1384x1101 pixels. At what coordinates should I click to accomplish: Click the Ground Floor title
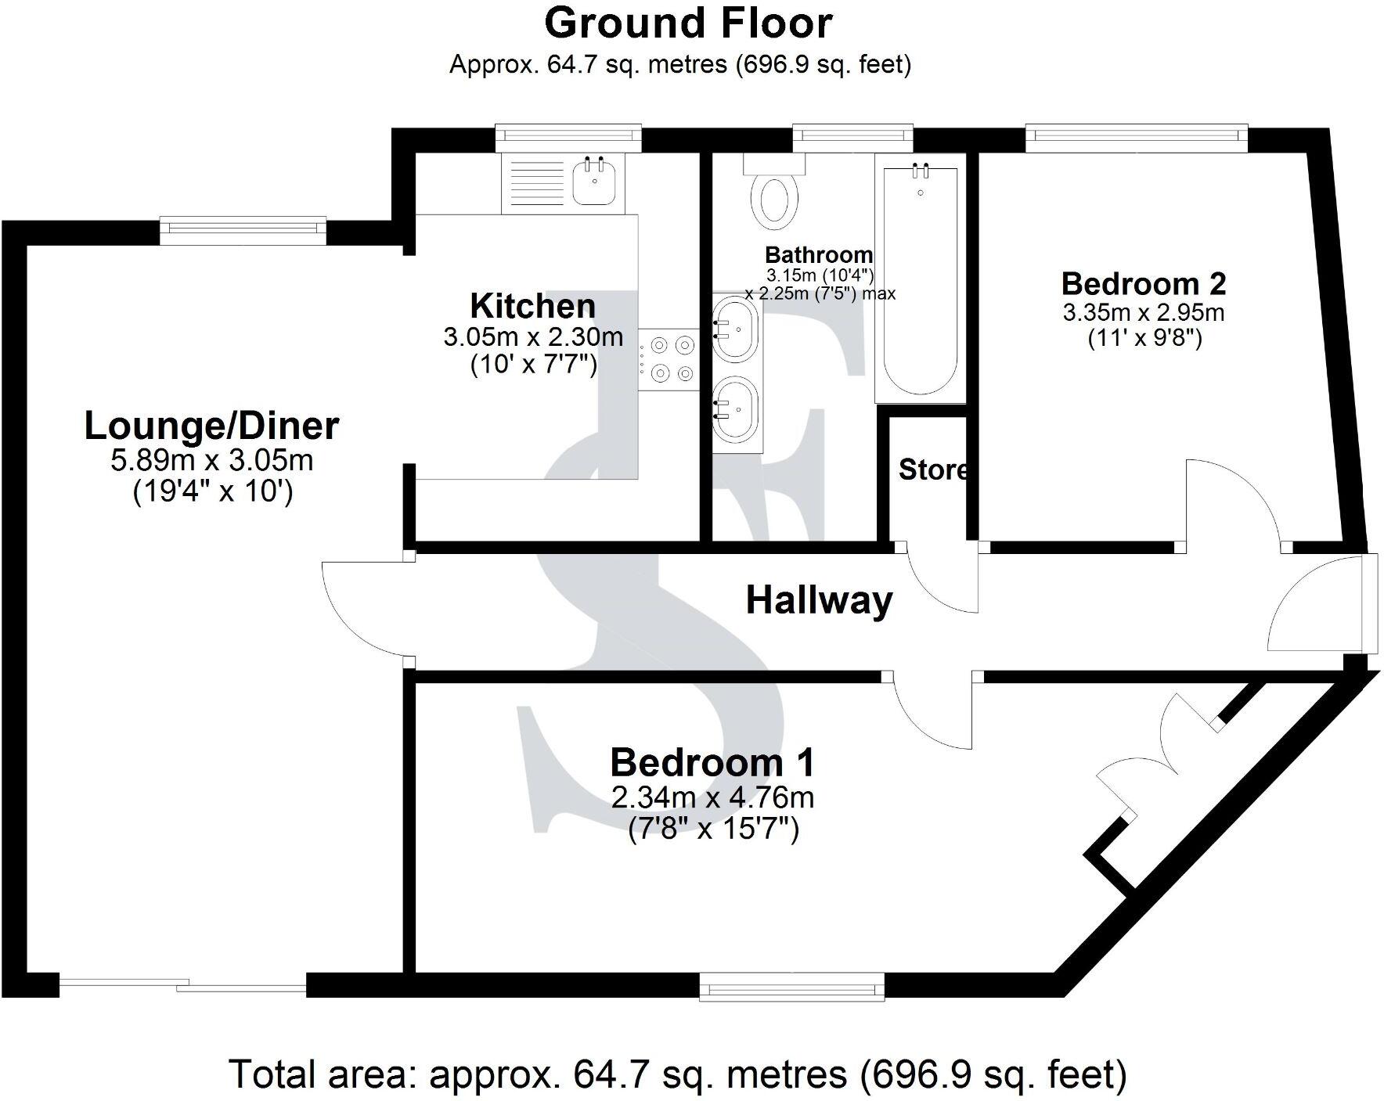coord(688,23)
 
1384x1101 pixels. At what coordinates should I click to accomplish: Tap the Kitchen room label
coord(532,306)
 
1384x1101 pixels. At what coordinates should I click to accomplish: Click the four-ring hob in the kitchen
coord(668,358)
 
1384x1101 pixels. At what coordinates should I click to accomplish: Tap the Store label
coord(932,470)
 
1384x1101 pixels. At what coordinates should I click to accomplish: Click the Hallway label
coord(819,601)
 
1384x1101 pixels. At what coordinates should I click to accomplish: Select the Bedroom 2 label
coord(1143,283)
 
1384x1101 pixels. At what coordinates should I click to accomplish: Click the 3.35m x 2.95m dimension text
coord(1143,313)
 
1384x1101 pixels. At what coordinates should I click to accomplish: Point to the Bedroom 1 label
coord(712,762)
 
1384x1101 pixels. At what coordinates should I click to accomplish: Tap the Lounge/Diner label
coord(211,426)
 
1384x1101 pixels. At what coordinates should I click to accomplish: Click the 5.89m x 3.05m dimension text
coord(211,460)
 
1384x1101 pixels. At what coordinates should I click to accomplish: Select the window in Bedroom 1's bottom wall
coord(791,986)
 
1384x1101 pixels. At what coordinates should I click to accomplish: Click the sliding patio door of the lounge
coord(182,985)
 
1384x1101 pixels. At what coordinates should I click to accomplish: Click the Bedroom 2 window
coord(1136,139)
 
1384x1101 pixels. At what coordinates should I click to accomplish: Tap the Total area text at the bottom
coord(678,1074)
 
